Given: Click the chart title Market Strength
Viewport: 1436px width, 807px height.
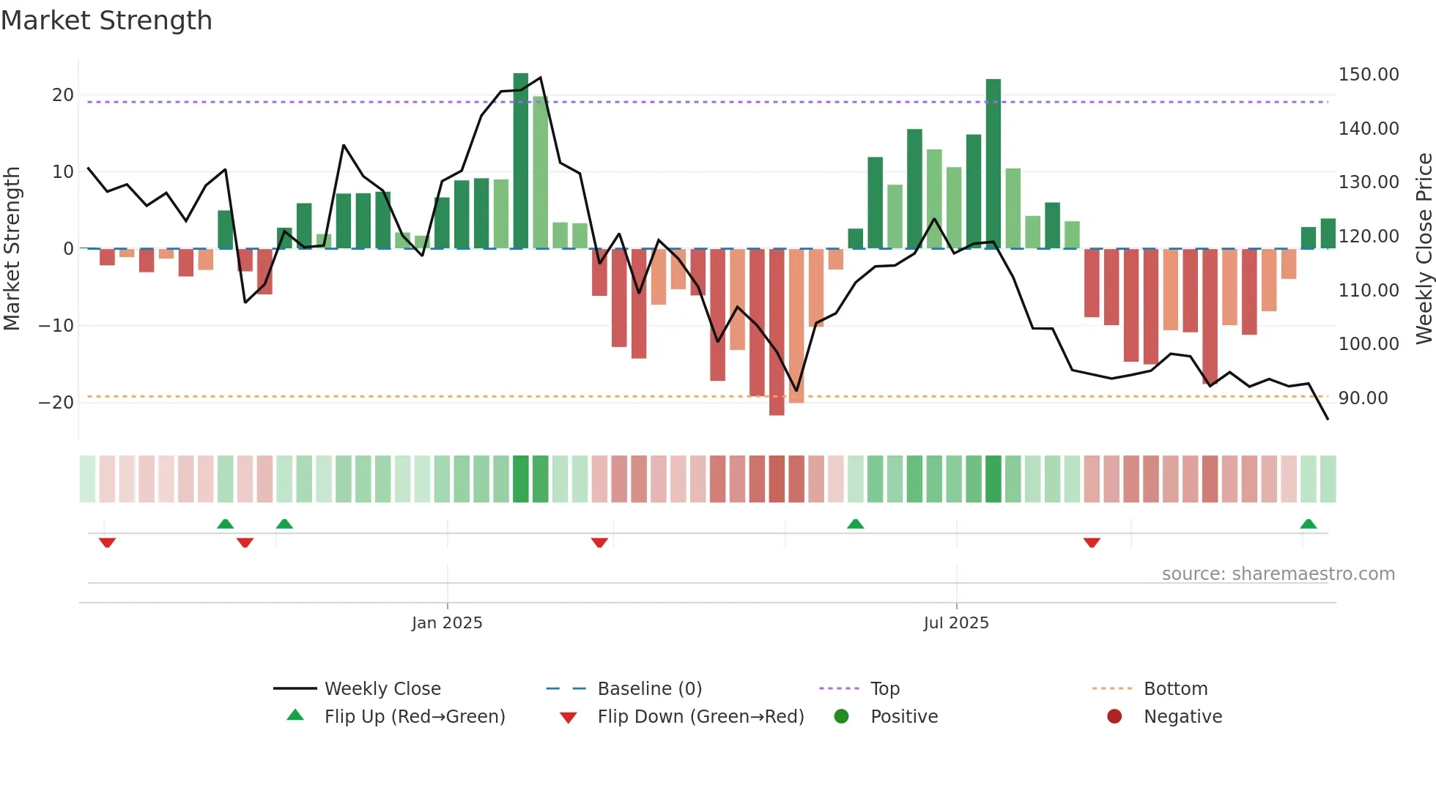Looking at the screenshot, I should [x=106, y=21].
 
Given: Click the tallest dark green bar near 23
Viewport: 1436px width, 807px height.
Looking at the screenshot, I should [x=521, y=161].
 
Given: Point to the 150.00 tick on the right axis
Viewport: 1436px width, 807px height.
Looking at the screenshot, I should [x=1368, y=75].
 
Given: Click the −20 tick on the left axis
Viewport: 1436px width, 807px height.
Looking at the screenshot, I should [x=56, y=402].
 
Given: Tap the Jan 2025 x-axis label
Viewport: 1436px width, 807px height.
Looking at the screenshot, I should [x=447, y=622].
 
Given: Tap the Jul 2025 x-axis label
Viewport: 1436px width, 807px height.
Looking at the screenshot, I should [x=955, y=622].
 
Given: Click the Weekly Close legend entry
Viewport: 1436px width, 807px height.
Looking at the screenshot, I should [x=382, y=688].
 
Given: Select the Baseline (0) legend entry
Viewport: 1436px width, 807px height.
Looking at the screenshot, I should [x=649, y=688].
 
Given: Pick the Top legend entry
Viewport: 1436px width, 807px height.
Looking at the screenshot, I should [x=884, y=688].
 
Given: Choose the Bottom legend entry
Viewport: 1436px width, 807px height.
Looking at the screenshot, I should [x=1175, y=688].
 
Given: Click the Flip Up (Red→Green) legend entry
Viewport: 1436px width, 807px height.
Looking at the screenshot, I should [x=415, y=716].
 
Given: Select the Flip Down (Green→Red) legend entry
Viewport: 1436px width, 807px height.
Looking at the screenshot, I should [x=700, y=716].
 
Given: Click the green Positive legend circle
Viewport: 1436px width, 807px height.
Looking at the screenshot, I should [x=841, y=716].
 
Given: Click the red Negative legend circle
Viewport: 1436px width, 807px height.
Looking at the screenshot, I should [x=1114, y=716].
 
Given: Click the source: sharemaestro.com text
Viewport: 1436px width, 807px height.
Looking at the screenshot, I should [x=1278, y=573].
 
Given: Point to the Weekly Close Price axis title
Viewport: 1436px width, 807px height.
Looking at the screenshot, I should [x=1424, y=249].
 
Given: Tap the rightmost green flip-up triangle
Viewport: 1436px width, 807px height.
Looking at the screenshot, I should [x=1309, y=524].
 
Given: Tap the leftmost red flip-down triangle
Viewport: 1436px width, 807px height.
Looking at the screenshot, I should [x=107, y=543].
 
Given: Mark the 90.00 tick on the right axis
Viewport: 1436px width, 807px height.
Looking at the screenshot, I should [x=1363, y=398].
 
